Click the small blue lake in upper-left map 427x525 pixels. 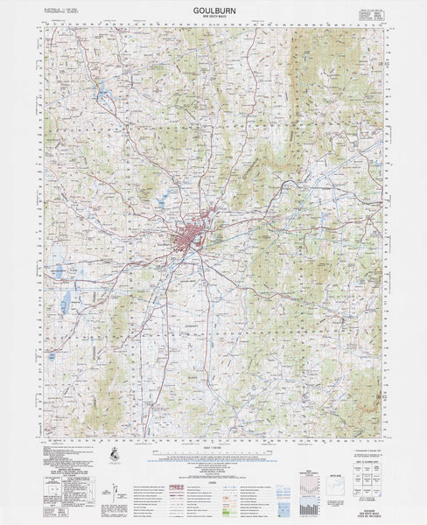coord(102,87)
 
